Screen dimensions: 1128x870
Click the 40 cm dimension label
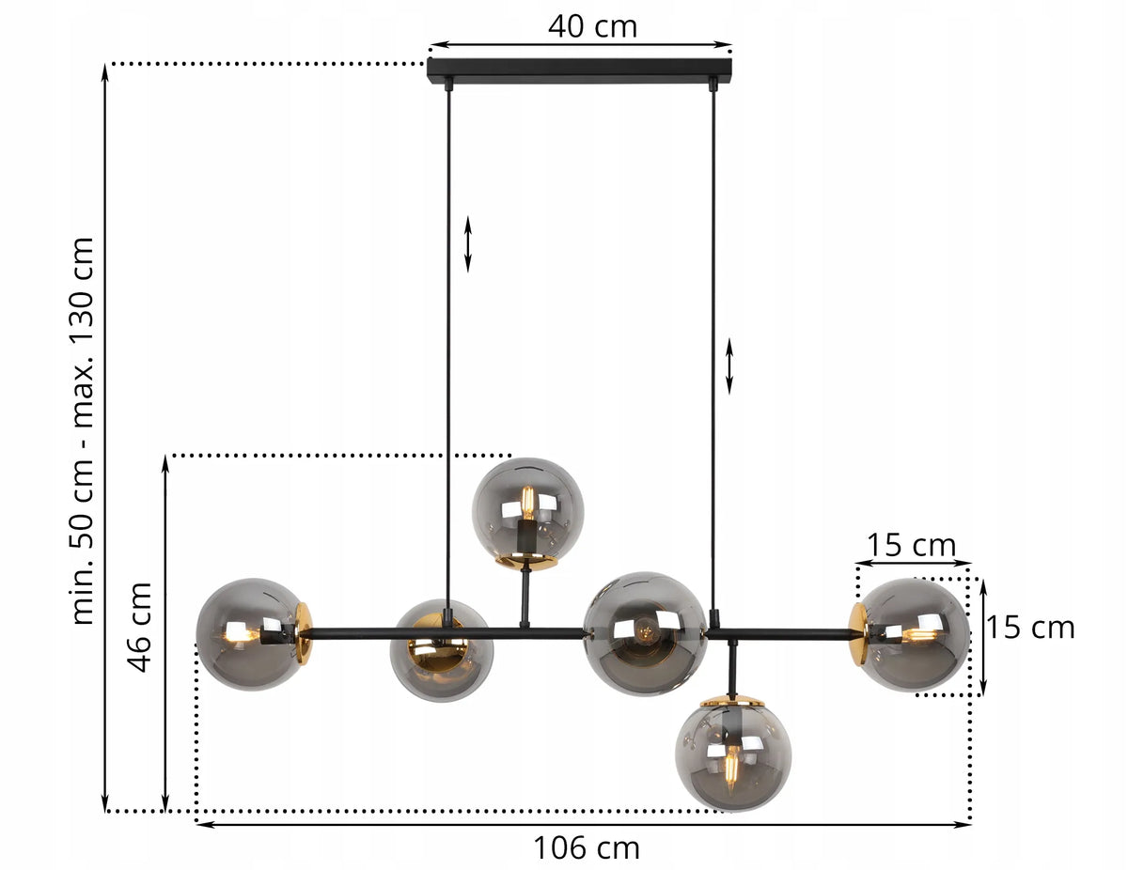tap(592, 26)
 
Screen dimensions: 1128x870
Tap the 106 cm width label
tap(586, 847)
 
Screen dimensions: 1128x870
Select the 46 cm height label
tap(139, 628)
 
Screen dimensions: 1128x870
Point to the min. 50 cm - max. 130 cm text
tap(83, 431)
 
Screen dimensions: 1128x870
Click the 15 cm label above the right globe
tap(911, 545)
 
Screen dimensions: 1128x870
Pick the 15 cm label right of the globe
tap(1029, 628)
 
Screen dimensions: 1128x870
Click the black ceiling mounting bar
tap(579, 70)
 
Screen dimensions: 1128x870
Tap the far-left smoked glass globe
tap(249, 634)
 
